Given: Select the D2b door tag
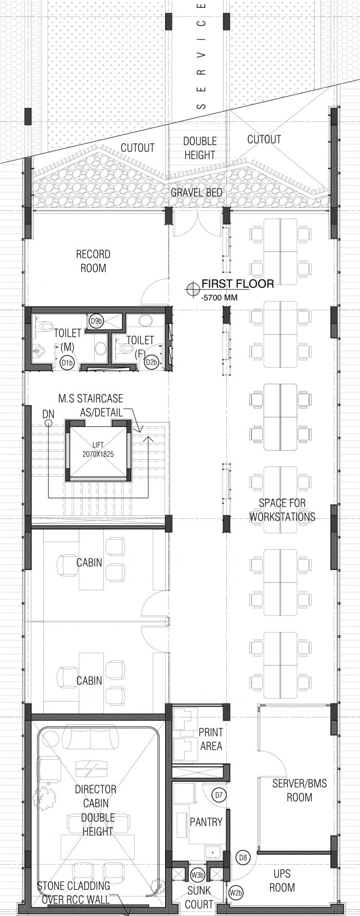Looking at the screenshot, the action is [151, 362].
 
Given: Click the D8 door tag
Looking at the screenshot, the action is [244, 857].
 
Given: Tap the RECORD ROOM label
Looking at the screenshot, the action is [93, 261].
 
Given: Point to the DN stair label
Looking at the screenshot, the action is [48, 413].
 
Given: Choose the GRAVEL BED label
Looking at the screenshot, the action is [196, 192].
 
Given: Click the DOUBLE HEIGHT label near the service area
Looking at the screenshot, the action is [200, 148].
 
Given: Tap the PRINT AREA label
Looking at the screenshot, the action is [210, 739].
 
